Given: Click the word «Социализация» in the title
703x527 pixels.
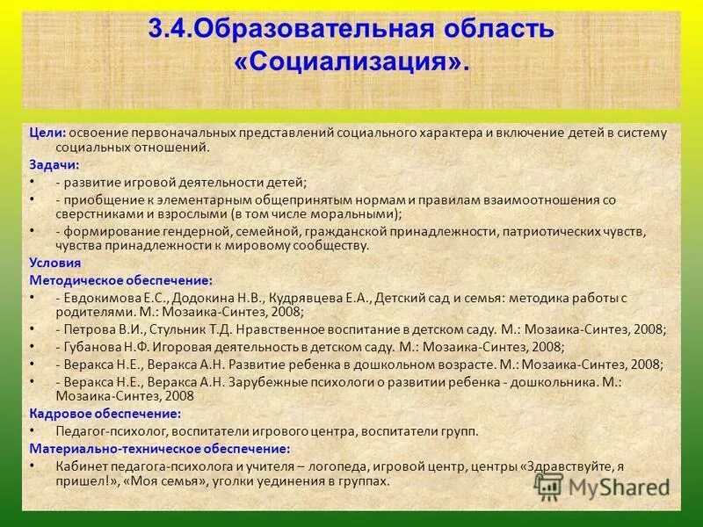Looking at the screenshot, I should click(352, 62).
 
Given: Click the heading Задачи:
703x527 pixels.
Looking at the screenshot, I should click(54, 164).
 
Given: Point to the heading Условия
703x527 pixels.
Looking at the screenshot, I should click(55, 262).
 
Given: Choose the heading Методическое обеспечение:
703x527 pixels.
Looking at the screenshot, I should click(120, 280).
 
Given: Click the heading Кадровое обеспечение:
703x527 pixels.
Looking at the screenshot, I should click(105, 413).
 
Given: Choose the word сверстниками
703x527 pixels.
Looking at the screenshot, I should click(96, 213).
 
